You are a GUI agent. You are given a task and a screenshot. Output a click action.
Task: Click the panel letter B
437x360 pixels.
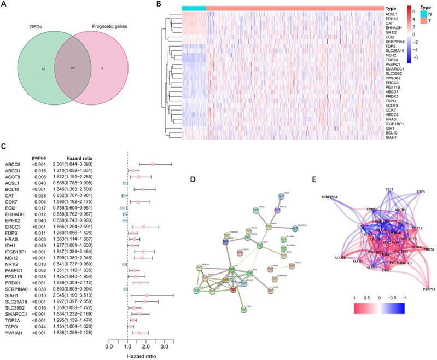158,4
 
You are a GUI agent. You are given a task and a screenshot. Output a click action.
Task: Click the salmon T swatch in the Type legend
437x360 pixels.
411,20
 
